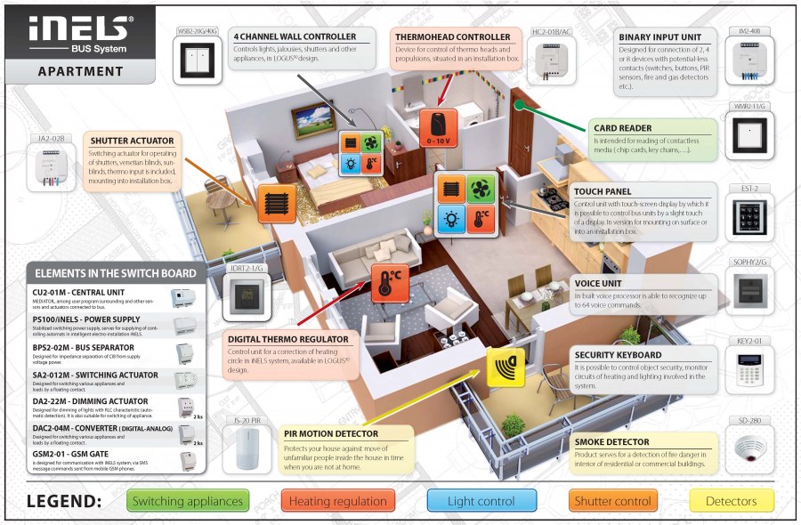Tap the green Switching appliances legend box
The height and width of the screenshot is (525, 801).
tap(186, 501)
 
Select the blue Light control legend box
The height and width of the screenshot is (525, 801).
tap(481, 501)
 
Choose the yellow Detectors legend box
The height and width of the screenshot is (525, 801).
tap(732, 501)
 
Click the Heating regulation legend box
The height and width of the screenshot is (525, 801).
tap(338, 501)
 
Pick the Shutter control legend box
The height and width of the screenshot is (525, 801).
tap(612, 501)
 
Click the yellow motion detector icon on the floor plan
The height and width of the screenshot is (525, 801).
tap(506, 367)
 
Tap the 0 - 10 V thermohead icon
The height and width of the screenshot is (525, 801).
tap(438, 127)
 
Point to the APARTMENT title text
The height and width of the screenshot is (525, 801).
tap(80, 71)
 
